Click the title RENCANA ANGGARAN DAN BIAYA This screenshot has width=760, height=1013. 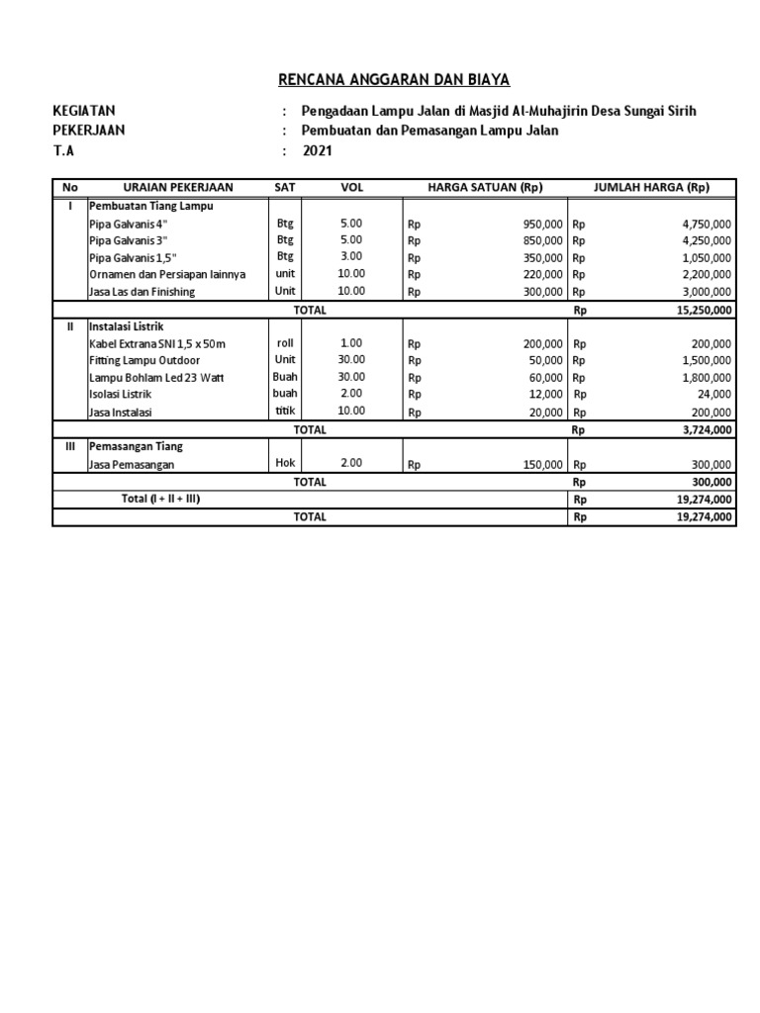(x=380, y=80)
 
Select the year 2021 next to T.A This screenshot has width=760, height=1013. (x=318, y=151)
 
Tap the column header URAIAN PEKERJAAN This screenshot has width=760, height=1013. (x=177, y=187)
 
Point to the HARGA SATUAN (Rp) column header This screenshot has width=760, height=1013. (x=485, y=187)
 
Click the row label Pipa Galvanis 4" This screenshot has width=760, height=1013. (x=128, y=225)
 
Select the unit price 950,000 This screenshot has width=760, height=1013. (x=543, y=225)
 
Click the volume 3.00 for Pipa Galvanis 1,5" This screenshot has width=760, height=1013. (x=351, y=256)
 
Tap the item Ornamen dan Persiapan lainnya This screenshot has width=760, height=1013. (x=166, y=274)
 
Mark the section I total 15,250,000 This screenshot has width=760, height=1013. (x=705, y=310)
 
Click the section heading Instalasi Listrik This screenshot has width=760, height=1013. (x=125, y=325)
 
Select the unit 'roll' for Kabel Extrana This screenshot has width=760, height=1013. (x=285, y=342)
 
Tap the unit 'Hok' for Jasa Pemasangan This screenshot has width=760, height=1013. (x=285, y=463)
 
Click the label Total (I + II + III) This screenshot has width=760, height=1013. (x=160, y=499)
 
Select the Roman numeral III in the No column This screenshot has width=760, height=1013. (x=69, y=446)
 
